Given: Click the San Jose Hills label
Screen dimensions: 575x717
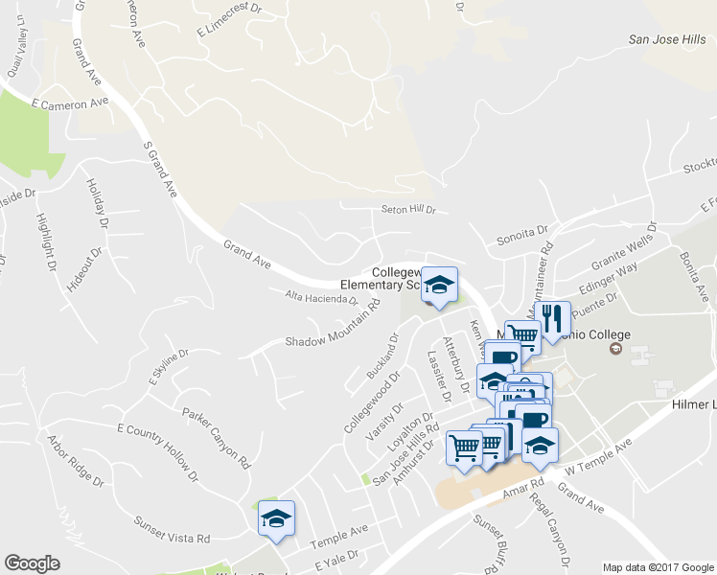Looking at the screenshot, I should click(x=666, y=39).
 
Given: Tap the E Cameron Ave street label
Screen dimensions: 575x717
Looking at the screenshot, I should click(x=70, y=103).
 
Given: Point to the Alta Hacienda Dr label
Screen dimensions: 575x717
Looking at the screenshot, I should click(x=321, y=298).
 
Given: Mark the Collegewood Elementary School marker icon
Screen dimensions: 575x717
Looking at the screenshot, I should click(x=439, y=286).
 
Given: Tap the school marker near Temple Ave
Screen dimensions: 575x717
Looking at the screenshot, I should click(x=276, y=518).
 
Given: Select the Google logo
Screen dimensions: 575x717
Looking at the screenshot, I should click(x=32, y=563).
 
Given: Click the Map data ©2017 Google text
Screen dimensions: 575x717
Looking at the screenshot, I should click(x=657, y=567).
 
